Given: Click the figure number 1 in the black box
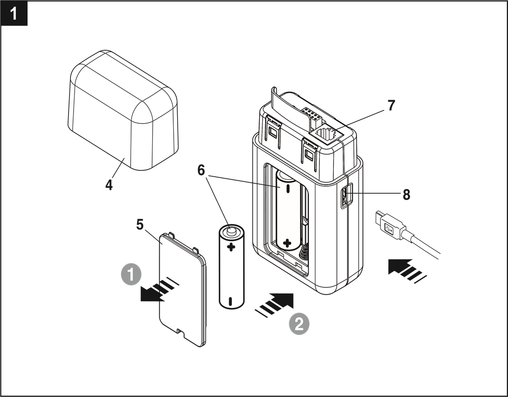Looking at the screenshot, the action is tap(14, 14).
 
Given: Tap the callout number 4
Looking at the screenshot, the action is tap(109, 185).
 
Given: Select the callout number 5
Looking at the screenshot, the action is tap(140, 225).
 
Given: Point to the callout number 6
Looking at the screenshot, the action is tap(201, 170).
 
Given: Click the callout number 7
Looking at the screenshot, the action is tap(391, 105).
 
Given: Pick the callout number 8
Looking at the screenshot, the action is tap(406, 195).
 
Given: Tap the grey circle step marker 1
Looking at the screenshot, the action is tap(131, 275).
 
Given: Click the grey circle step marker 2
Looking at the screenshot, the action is tap(299, 324).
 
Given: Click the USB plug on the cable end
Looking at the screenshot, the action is tap(390, 225).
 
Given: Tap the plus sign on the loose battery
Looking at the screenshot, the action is tap(231, 248).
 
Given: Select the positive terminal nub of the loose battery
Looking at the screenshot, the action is tap(231, 231).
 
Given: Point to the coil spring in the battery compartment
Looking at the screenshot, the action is tap(304, 251).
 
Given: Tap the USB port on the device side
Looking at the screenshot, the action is tap(344, 195).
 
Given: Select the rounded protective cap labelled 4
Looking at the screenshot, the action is tap(123, 110).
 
